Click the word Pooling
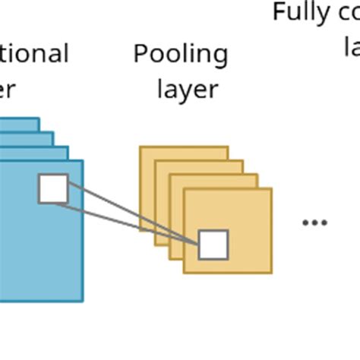[180, 55]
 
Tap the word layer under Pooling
[188, 90]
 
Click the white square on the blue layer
[53, 188]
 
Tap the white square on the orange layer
[213, 245]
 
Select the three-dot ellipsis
[314, 223]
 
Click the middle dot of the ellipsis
[314, 223]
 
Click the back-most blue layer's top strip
[19, 125]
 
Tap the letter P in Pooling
[141, 55]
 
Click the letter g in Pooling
[219, 57]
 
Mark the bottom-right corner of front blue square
[82, 301]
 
